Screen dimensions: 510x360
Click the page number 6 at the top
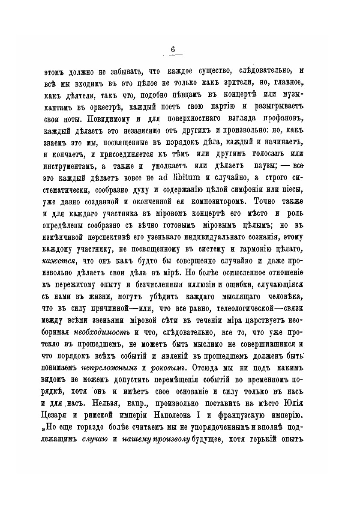click(173, 50)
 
